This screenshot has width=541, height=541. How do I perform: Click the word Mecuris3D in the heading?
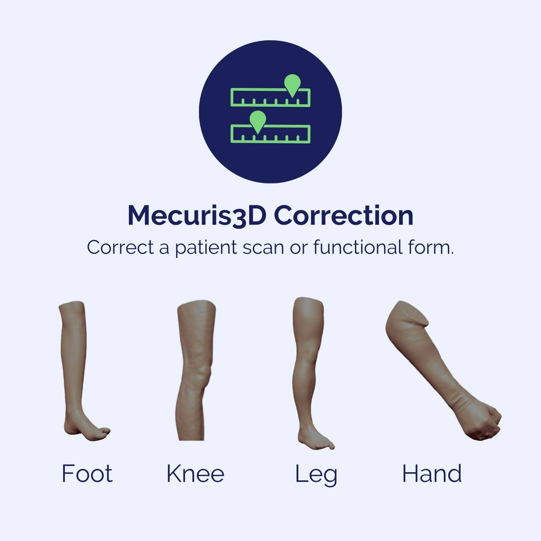click(x=197, y=216)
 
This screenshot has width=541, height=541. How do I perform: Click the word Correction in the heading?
click(x=344, y=215)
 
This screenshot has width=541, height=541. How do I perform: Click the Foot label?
click(x=87, y=473)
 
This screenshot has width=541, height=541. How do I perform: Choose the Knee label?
click(x=195, y=473)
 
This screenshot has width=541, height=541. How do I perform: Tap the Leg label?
click(x=316, y=474)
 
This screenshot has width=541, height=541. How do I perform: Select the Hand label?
click(x=432, y=473)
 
